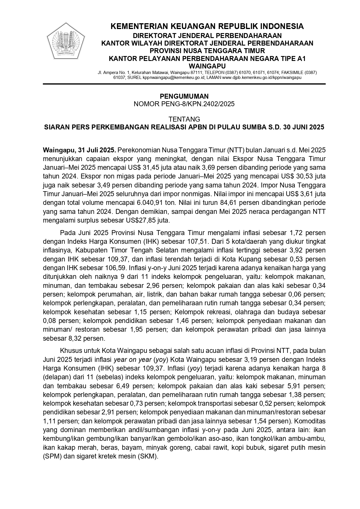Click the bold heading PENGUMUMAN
click(184, 96)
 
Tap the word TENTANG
click(184, 119)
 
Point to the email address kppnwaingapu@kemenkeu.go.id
click(174, 78)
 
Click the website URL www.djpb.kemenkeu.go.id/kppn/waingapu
click(262, 78)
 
